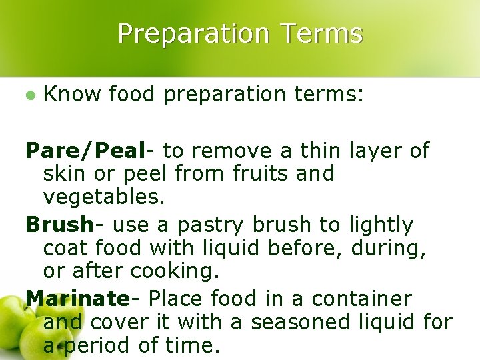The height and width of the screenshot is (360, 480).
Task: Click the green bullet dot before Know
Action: coord(29,95)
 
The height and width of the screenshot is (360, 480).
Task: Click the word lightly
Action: coord(381,225)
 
